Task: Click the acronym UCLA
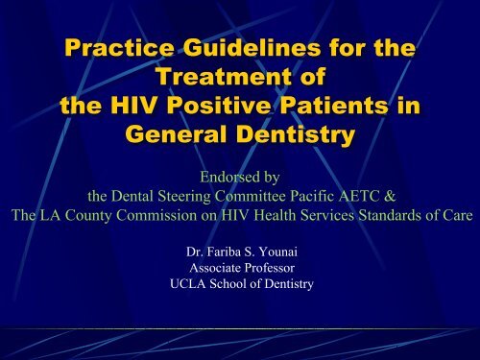click(184, 285)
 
